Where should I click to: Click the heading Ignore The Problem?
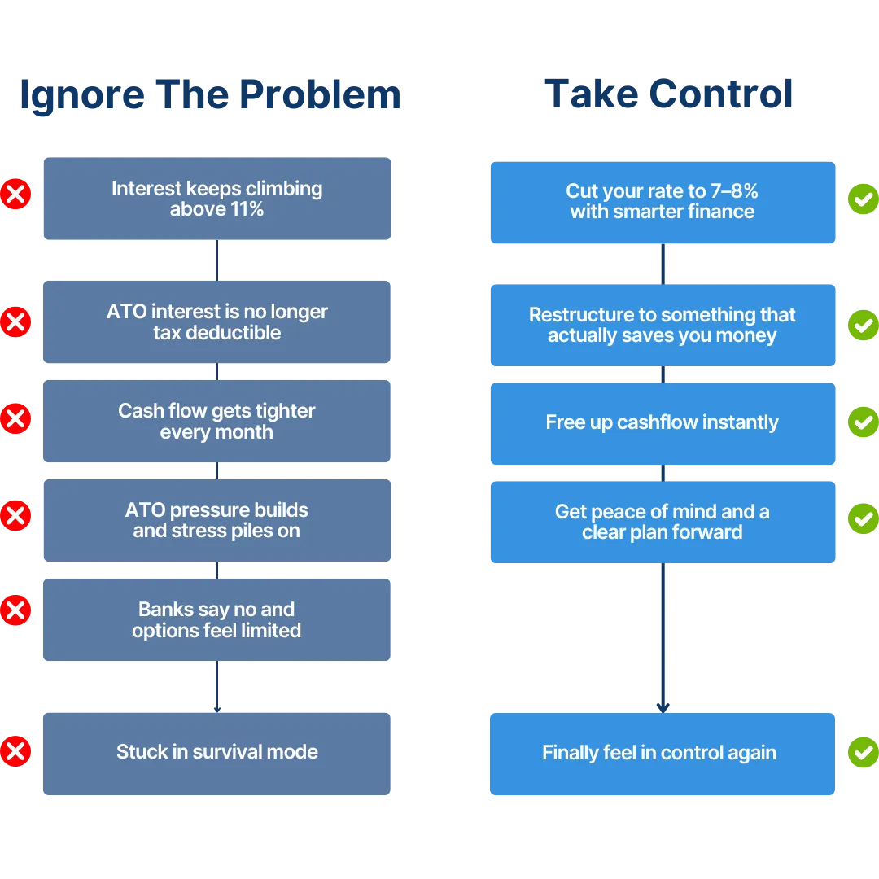(x=210, y=95)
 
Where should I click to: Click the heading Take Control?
(x=669, y=94)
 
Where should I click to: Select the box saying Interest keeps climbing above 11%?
(x=217, y=199)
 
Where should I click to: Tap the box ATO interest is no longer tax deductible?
(x=217, y=321)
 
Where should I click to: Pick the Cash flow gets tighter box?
(x=217, y=421)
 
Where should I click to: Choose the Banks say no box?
(x=217, y=619)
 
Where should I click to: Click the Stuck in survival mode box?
(x=217, y=754)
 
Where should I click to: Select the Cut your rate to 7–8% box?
(x=663, y=203)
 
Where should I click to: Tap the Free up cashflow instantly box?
(x=663, y=423)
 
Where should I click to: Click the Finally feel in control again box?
(x=662, y=754)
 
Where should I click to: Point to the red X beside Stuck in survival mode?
(x=15, y=751)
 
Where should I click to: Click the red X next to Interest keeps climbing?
(x=15, y=194)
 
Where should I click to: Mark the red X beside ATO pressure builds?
(x=15, y=516)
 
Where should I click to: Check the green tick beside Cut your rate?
(x=864, y=199)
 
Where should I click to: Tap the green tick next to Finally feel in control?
(x=864, y=752)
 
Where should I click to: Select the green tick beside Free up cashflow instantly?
(x=864, y=422)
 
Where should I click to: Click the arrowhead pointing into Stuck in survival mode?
(x=217, y=710)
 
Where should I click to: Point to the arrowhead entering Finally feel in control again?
(x=663, y=708)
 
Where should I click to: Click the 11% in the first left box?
(x=247, y=209)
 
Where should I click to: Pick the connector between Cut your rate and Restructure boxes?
(x=663, y=264)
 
